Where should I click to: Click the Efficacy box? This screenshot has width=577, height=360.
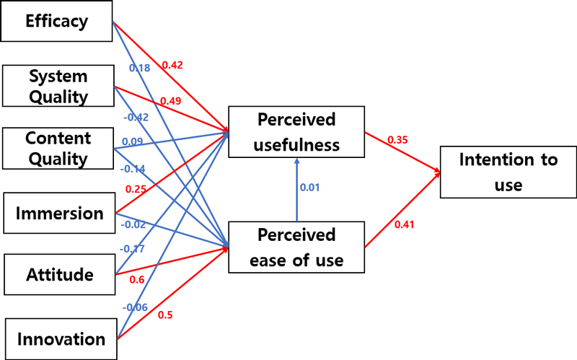[57, 22]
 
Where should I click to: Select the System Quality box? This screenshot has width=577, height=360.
[58, 87]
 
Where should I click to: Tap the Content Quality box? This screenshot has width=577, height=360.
[58, 149]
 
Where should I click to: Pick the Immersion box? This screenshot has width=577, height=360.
[58, 214]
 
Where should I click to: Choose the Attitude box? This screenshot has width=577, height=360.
[58, 275]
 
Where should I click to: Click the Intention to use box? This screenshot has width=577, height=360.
[508, 172]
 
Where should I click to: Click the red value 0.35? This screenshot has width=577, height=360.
[398, 139]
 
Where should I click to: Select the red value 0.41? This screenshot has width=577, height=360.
[405, 224]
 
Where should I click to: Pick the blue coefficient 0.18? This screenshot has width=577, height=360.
[140, 68]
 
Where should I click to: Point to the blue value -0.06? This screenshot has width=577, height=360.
[134, 307]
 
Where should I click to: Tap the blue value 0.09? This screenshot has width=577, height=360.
[132, 142]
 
